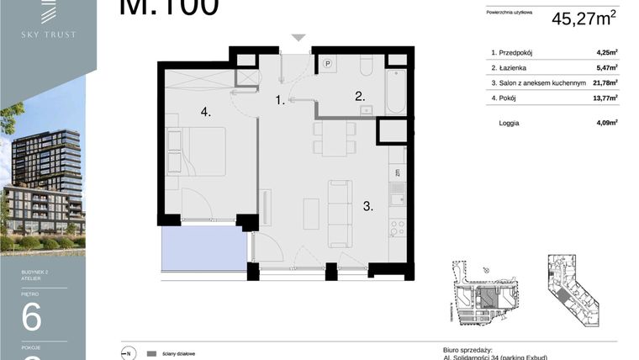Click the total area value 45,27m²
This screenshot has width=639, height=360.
click(x=584, y=18)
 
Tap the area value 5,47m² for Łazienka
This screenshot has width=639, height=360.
click(x=606, y=68)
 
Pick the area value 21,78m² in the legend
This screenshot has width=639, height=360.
click(x=605, y=83)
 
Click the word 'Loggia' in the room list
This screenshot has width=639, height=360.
click(x=509, y=123)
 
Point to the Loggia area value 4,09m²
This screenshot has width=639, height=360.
click(x=606, y=123)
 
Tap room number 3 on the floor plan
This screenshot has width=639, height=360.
click(x=367, y=204)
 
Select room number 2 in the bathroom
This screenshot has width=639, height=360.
click(x=359, y=95)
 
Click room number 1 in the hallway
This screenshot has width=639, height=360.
click(x=280, y=100)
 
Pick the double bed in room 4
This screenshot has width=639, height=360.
click(x=197, y=151)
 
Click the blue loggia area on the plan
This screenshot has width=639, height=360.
click(x=203, y=250)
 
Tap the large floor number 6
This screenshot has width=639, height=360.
click(x=31, y=318)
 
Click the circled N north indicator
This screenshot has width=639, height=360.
click(x=129, y=353)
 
